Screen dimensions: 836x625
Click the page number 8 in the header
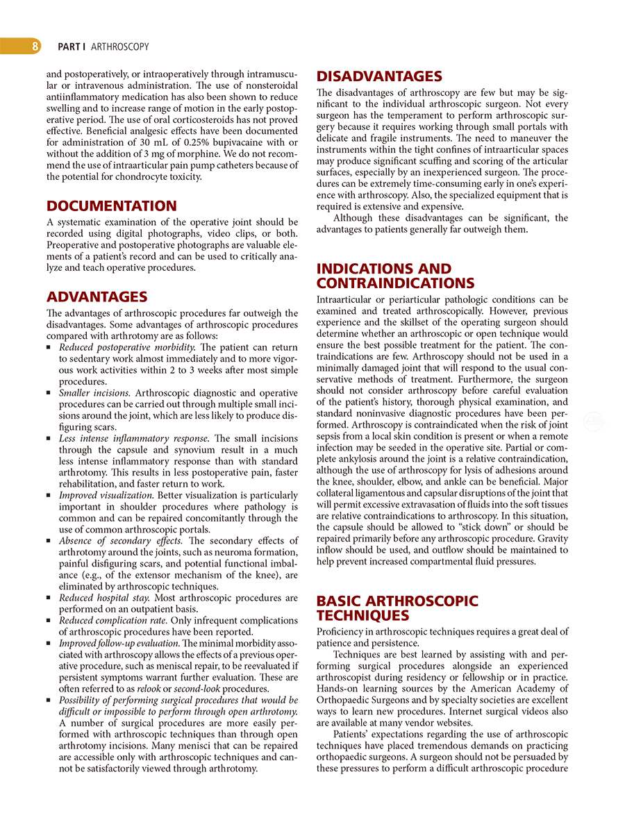(x=33, y=47)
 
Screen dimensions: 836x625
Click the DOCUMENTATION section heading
(x=111, y=206)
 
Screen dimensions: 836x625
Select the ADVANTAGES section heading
(x=97, y=297)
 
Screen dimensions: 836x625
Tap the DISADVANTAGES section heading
(x=379, y=76)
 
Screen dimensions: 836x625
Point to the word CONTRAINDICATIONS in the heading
(x=396, y=283)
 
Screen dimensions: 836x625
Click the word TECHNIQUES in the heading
(x=362, y=616)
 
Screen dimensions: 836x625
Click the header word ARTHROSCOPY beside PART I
(x=120, y=47)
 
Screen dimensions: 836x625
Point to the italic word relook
(x=149, y=689)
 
